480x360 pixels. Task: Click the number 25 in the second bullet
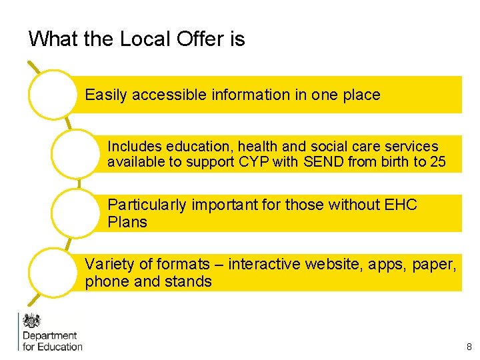point(438,161)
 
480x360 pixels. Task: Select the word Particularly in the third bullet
point(147,205)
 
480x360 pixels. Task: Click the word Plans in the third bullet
point(127,222)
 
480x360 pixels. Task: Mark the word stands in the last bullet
point(189,281)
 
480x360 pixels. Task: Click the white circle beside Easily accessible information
point(53,95)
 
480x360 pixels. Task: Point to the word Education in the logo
point(61,347)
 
